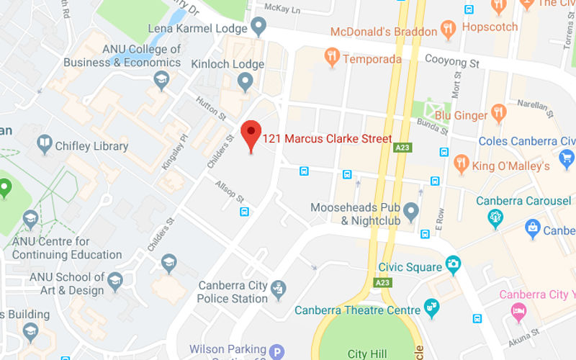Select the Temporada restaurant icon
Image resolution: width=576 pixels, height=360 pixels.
coord(332,56)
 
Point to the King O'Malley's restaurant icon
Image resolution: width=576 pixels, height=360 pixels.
coord(462,164)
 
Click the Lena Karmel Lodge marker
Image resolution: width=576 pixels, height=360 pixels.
coord(258,27)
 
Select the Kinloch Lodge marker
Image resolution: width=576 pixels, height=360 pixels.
coord(245,81)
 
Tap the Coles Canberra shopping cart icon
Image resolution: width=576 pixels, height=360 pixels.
coord(566,158)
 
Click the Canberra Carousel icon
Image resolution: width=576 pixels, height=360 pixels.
coord(495,215)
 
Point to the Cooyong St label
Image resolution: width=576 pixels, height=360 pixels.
coord(452,62)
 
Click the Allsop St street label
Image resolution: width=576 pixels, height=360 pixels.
coord(230,190)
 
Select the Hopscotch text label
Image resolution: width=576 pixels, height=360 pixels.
coord(490,27)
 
